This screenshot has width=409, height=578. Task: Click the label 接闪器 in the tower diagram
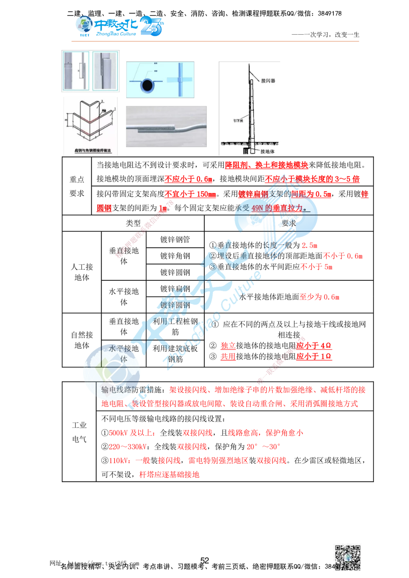(268, 81)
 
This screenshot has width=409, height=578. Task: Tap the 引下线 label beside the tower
(238, 121)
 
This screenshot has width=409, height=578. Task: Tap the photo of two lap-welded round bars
(166, 126)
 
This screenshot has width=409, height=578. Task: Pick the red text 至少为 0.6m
(319, 297)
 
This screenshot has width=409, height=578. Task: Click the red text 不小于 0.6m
(343, 256)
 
